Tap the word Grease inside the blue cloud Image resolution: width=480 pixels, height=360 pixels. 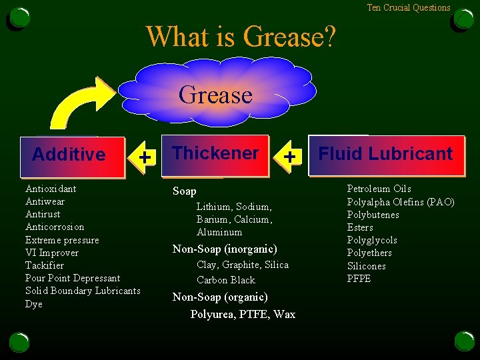click(x=215, y=95)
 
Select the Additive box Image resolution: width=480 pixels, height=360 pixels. click(x=69, y=155)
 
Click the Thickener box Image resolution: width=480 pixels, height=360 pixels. click(x=215, y=153)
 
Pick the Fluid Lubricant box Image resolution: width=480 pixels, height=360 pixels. click(x=385, y=154)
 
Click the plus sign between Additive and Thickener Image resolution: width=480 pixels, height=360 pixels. click(x=144, y=156)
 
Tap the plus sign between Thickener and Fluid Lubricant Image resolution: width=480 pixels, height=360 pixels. click(x=289, y=156)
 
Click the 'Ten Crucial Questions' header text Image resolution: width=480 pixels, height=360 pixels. click(x=409, y=7)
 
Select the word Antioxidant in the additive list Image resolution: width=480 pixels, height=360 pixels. click(x=51, y=189)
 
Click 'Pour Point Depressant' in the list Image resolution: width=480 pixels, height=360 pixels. click(x=73, y=278)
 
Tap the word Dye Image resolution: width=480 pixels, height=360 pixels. click(x=34, y=304)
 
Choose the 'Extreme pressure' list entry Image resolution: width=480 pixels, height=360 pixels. click(x=62, y=240)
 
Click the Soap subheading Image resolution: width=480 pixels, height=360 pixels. click(x=185, y=191)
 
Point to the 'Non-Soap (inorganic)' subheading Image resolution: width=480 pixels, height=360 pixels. click(x=225, y=249)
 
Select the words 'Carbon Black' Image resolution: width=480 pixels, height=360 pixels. click(x=226, y=280)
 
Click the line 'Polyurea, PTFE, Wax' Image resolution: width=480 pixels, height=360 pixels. click(x=243, y=314)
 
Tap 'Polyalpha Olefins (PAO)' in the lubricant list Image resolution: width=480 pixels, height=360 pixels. click(x=401, y=202)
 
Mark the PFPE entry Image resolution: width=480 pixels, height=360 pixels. click(x=359, y=279)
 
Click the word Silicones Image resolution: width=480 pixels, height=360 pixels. click(x=367, y=266)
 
